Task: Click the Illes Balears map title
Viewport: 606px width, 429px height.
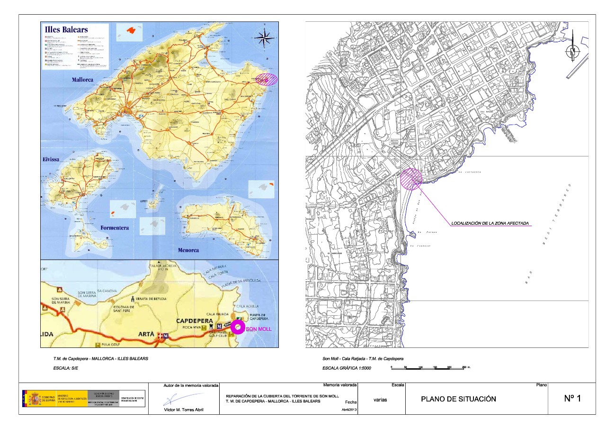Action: [x=66, y=29]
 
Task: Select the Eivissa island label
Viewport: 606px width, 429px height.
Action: [x=51, y=160]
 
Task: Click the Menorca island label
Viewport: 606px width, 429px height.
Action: [x=188, y=250]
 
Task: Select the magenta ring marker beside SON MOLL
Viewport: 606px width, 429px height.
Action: [x=238, y=327]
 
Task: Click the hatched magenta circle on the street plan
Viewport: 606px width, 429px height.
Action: [x=411, y=179]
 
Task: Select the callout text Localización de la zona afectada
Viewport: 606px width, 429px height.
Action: [x=490, y=223]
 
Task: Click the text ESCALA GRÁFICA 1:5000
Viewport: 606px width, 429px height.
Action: [x=347, y=368]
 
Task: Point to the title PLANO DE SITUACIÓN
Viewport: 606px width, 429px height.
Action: [x=458, y=399]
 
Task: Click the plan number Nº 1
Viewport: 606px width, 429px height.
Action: [x=572, y=399]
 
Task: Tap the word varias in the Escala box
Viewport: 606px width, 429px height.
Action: [x=380, y=400]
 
